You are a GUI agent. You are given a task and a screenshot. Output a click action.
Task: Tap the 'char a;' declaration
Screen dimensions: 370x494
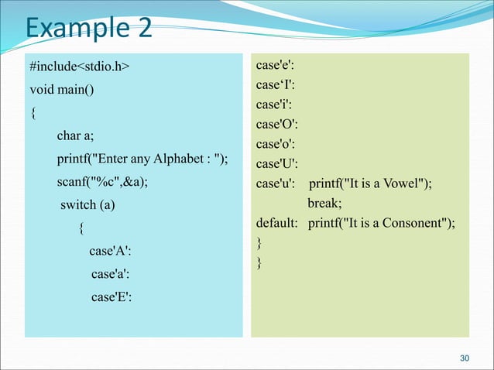tap(75, 137)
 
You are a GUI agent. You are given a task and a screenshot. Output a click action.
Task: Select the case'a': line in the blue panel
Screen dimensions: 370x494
tap(110, 273)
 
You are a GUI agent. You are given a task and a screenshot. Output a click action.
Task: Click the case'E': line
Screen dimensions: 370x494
tap(111, 296)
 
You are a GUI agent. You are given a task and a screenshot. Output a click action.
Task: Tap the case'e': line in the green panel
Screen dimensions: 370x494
tap(275, 67)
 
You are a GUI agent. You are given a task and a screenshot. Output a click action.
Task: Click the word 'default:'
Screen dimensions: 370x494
tap(277, 224)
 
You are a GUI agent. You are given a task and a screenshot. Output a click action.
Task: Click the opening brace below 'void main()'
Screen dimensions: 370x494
tap(33, 114)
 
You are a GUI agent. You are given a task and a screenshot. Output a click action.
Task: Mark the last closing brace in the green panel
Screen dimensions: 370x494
tap(259, 264)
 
